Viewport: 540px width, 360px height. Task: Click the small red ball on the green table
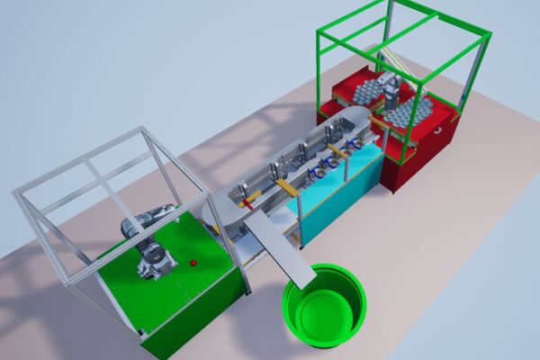(x=193, y=263)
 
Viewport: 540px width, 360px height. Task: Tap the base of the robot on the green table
(x=157, y=263)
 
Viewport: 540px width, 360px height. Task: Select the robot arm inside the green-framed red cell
(x=392, y=90)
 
